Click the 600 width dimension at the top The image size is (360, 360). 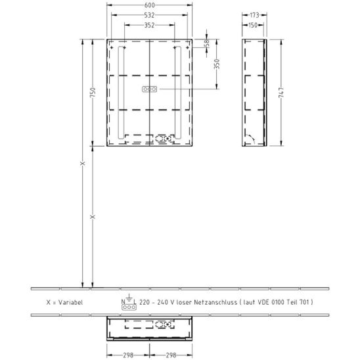(x=150, y=5)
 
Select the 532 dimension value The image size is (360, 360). (x=149, y=15)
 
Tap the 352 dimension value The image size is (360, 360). (x=149, y=25)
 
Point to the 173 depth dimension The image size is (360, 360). (x=254, y=15)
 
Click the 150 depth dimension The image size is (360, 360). (x=253, y=25)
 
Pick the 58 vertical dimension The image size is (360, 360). (x=207, y=43)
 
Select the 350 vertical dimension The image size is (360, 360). (x=217, y=64)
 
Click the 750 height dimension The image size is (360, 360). (x=93, y=92)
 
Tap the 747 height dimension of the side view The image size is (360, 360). (x=281, y=93)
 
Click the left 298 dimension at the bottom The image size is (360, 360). (x=128, y=355)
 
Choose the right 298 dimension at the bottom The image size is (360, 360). (x=171, y=355)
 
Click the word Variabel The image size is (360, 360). (x=70, y=302)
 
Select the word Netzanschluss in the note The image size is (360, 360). (x=215, y=302)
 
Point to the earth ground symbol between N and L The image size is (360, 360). (x=129, y=298)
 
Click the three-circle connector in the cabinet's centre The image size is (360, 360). (x=150, y=89)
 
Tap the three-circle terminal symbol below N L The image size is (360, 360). (x=129, y=307)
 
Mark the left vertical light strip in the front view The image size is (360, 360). (x=121, y=93)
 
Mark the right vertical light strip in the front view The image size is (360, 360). (x=178, y=93)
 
